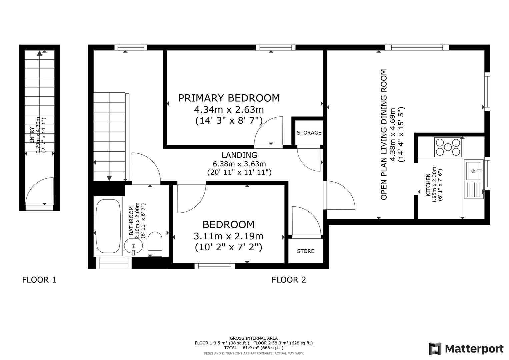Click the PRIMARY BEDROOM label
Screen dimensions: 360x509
(x=229, y=98)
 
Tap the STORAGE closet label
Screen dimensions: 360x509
(x=309, y=133)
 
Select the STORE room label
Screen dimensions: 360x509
(x=305, y=251)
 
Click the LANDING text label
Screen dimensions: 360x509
(x=239, y=155)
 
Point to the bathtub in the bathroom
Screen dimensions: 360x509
(x=108, y=227)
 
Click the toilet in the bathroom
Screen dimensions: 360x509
(x=155, y=243)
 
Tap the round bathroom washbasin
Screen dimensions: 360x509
(x=133, y=246)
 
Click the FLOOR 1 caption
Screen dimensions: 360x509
(x=39, y=280)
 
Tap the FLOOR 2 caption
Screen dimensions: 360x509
(x=289, y=280)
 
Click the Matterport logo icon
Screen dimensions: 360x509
(x=435, y=349)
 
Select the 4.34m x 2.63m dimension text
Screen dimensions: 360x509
(x=229, y=109)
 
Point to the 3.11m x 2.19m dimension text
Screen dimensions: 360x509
(x=228, y=236)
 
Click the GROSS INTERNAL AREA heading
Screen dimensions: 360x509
(x=254, y=338)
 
